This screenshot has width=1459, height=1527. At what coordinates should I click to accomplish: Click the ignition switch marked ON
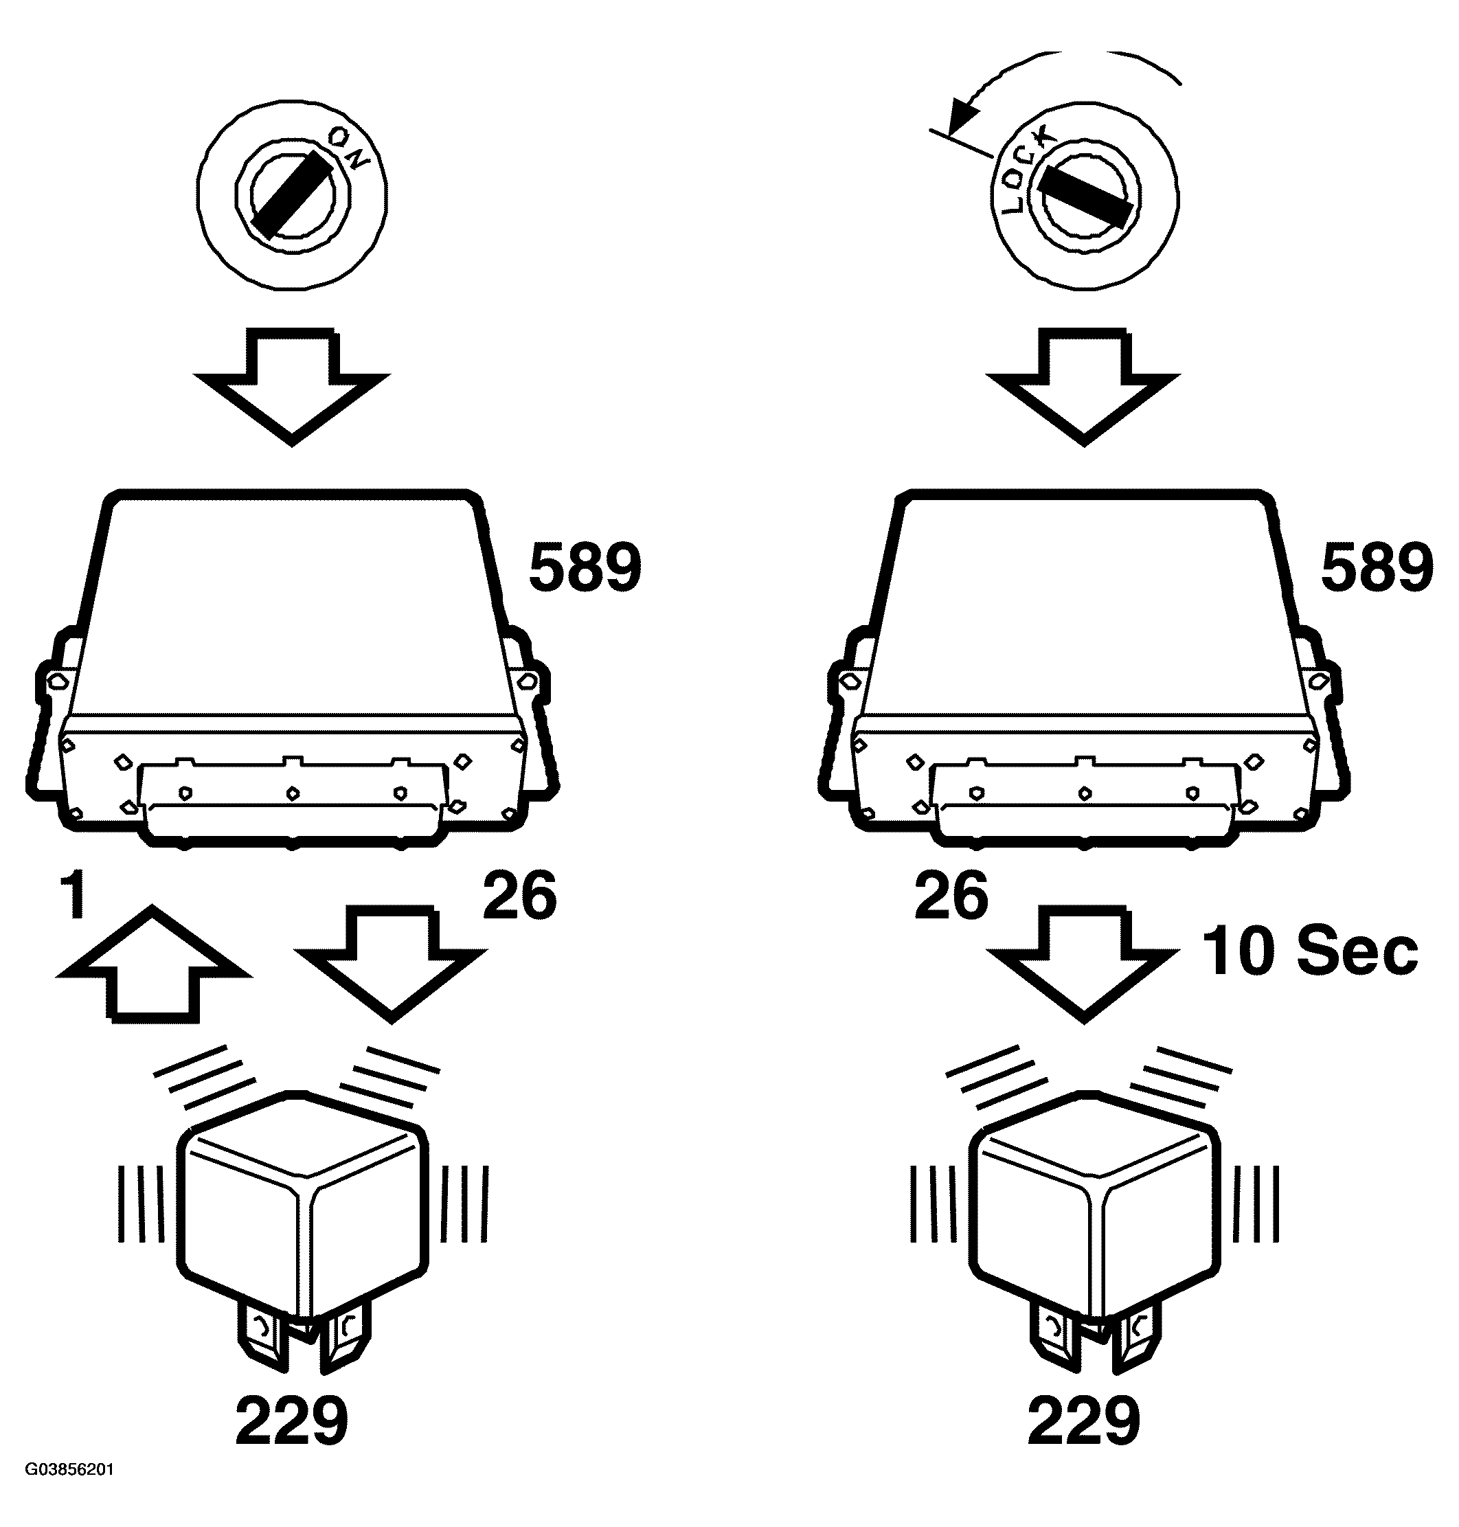[x=292, y=194]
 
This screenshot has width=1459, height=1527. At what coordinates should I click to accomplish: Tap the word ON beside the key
[x=348, y=148]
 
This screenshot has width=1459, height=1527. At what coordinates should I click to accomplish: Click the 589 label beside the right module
[x=1377, y=569]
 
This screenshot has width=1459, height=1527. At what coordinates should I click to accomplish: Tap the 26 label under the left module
[x=519, y=896]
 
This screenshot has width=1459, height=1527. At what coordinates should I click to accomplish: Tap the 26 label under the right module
[x=951, y=896]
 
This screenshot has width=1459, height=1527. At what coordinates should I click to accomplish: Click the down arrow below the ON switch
[x=292, y=385]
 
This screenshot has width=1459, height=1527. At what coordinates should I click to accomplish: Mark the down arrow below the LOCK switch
[x=1083, y=385]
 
